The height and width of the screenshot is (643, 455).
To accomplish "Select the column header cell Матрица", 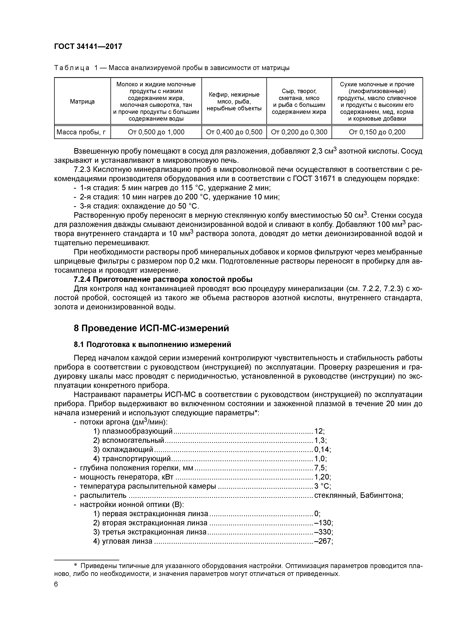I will tap(82, 101).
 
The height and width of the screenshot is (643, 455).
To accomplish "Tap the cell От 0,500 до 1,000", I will tap(156, 132).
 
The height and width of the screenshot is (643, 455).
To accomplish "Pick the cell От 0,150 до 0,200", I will tap(377, 132).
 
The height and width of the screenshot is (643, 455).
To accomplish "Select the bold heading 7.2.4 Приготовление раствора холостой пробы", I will tap(163, 280).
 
